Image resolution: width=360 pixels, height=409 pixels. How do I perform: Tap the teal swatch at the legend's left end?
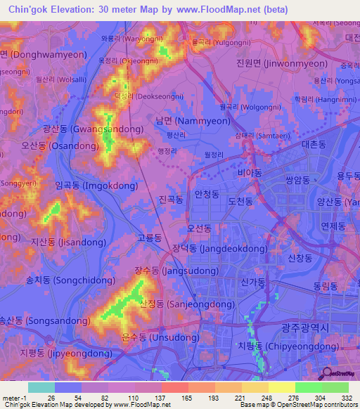coord(41,387)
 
